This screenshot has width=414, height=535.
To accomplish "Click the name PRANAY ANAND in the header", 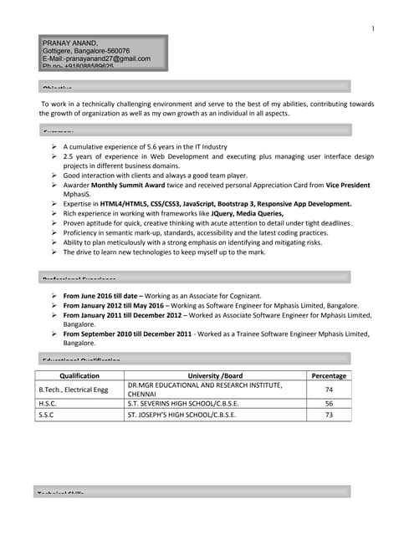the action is coord(69,43).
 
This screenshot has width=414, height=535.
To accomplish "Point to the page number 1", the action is coord(372,29).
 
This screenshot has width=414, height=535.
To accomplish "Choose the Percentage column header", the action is coord(328,376).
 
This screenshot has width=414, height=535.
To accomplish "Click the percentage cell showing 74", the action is coord(329,390).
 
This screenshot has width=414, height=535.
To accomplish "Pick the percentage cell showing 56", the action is coord(329,403).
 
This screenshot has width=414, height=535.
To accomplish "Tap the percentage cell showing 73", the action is coord(329,415).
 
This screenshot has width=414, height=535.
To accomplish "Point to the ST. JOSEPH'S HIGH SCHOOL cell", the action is coord(181,415).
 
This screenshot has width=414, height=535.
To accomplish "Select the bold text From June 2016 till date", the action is coord(102,296).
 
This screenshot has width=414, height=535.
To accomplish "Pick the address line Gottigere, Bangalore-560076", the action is coord(91,51).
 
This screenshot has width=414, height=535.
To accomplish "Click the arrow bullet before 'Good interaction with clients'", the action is coord(54,176).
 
